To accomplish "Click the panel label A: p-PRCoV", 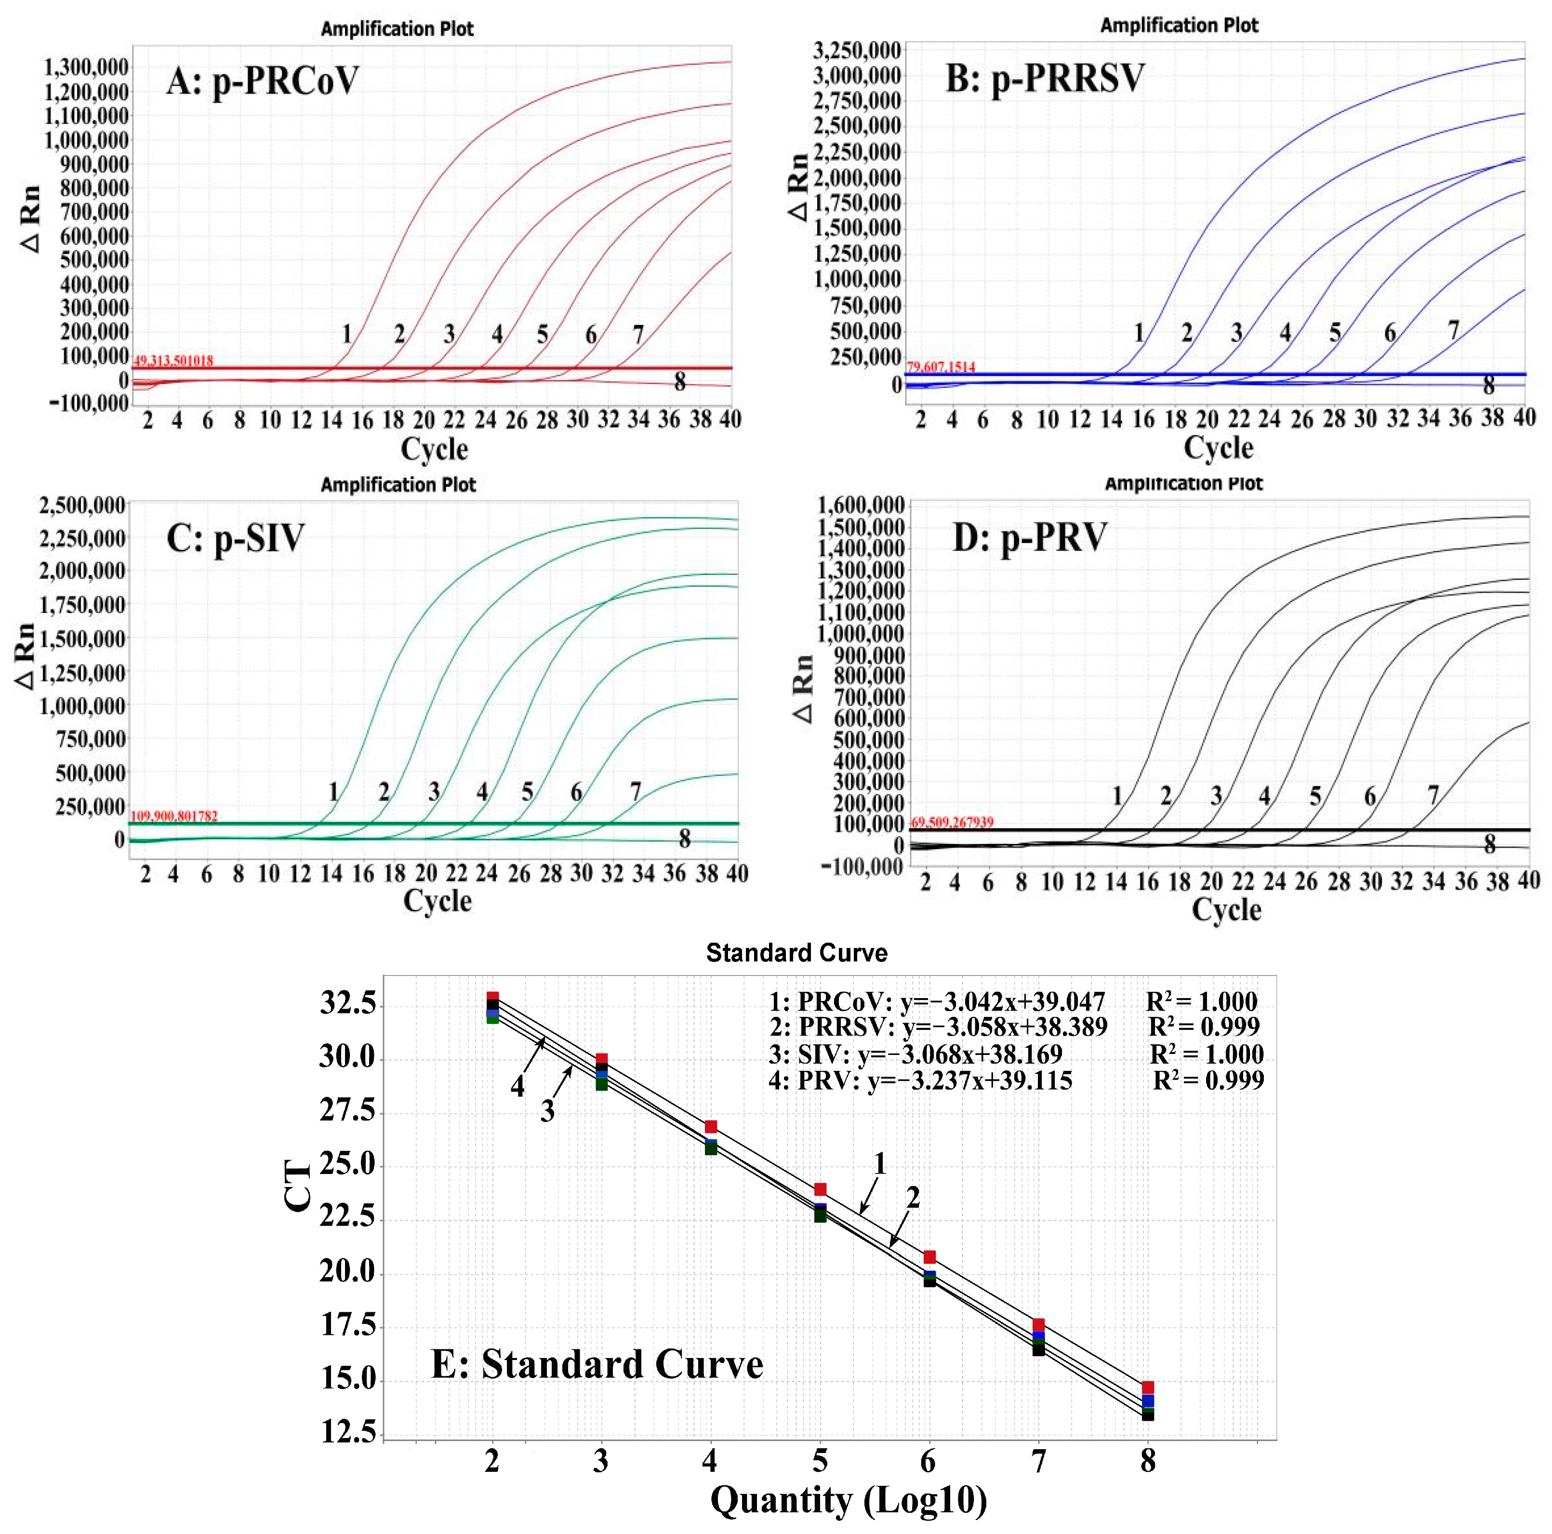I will pyautogui.click(x=262, y=80).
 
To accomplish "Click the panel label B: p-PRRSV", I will pyautogui.click(x=1044, y=79).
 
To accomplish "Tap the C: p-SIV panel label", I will pyautogui.click(x=235, y=537).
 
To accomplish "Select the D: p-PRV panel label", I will pyautogui.click(x=1030, y=537).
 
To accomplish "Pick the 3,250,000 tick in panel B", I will pyautogui.click(x=856, y=51).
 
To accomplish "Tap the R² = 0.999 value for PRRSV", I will pyautogui.click(x=1203, y=1026).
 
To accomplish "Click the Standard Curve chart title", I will pyautogui.click(x=796, y=952).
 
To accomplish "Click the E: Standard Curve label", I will pyautogui.click(x=597, y=1364).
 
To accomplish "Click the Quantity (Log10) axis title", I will pyautogui.click(x=849, y=1499).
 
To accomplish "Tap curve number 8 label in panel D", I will pyautogui.click(x=1489, y=844).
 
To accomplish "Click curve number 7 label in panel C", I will pyautogui.click(x=636, y=791).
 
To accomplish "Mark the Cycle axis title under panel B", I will pyautogui.click(x=1218, y=448).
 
